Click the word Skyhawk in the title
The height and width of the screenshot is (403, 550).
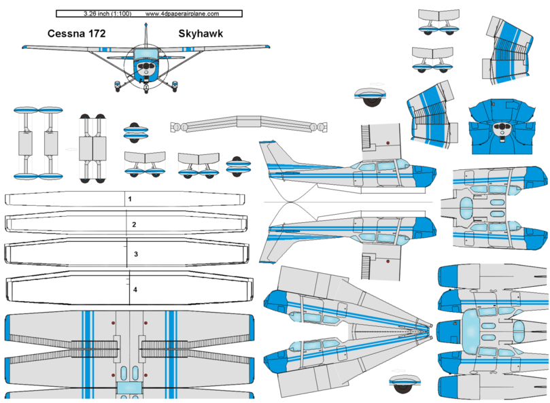pyautogui.click(x=201, y=33)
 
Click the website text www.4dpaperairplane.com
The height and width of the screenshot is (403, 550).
pyautogui.click(x=182, y=13)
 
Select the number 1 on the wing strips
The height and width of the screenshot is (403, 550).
pyautogui.click(x=130, y=200)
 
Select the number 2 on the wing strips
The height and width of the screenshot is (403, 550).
pyautogui.click(x=134, y=224)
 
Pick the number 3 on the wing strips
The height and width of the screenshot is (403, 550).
pyautogui.click(x=136, y=253)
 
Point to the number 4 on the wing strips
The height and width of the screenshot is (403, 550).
pyautogui.click(x=135, y=290)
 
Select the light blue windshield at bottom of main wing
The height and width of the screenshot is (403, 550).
pyautogui.click(x=127, y=387)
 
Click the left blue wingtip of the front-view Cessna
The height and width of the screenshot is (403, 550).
pyautogui.click(x=27, y=48)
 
